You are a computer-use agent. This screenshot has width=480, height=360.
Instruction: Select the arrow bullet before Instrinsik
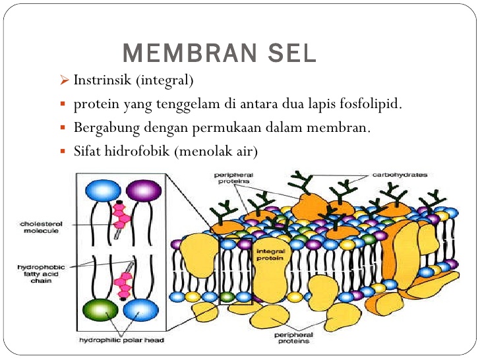pyautogui.click(x=64, y=81)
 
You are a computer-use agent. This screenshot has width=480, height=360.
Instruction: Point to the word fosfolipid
pyautogui.click(x=369, y=104)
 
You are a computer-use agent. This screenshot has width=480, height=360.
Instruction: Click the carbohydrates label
pyautogui.click(x=400, y=175)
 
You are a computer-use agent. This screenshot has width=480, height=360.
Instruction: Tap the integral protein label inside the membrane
pyautogui.click(x=270, y=255)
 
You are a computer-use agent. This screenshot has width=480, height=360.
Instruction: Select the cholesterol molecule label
pyautogui.click(x=38, y=227)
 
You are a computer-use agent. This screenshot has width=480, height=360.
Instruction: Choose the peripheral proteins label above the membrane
pyautogui.click(x=234, y=179)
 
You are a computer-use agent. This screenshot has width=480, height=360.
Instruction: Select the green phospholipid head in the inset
pyautogui.click(x=101, y=309)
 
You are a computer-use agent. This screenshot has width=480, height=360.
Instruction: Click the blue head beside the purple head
pyautogui.click(x=103, y=191)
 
